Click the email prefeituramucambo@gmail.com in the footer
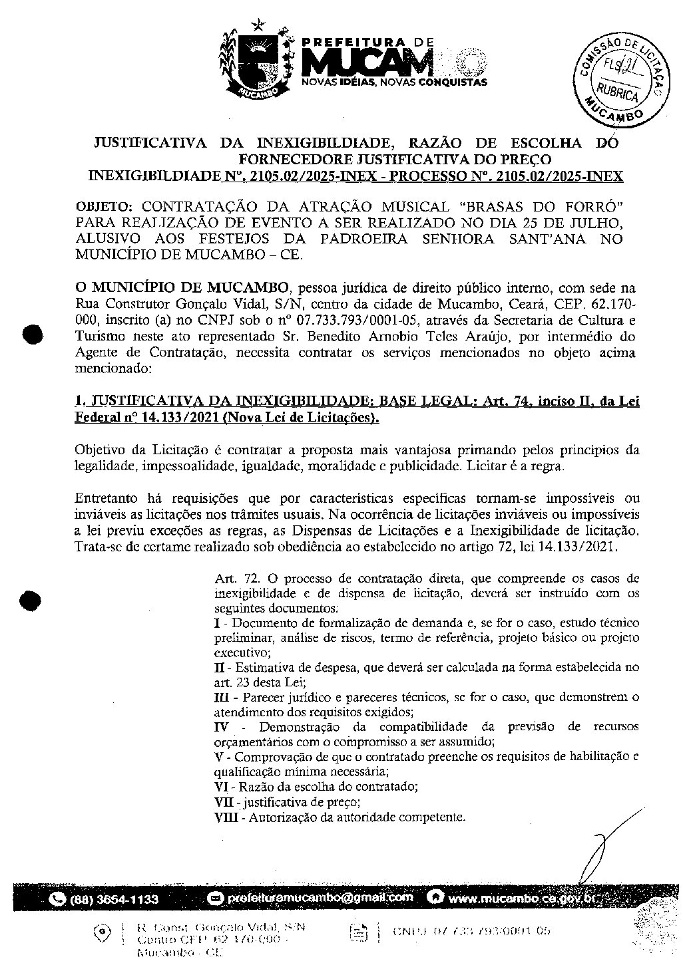(320, 898)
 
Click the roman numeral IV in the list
(222, 727)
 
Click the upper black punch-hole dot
(32, 334)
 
